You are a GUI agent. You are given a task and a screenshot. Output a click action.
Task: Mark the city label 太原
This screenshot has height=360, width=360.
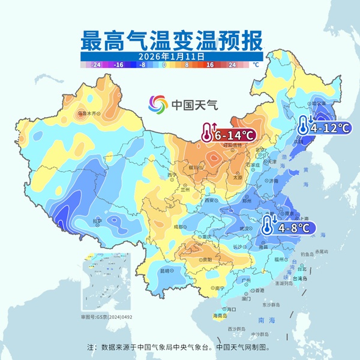pyautogui.click(x=238, y=178)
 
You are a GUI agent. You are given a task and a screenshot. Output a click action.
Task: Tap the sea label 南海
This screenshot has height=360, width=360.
pyautogui.click(x=263, y=320)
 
